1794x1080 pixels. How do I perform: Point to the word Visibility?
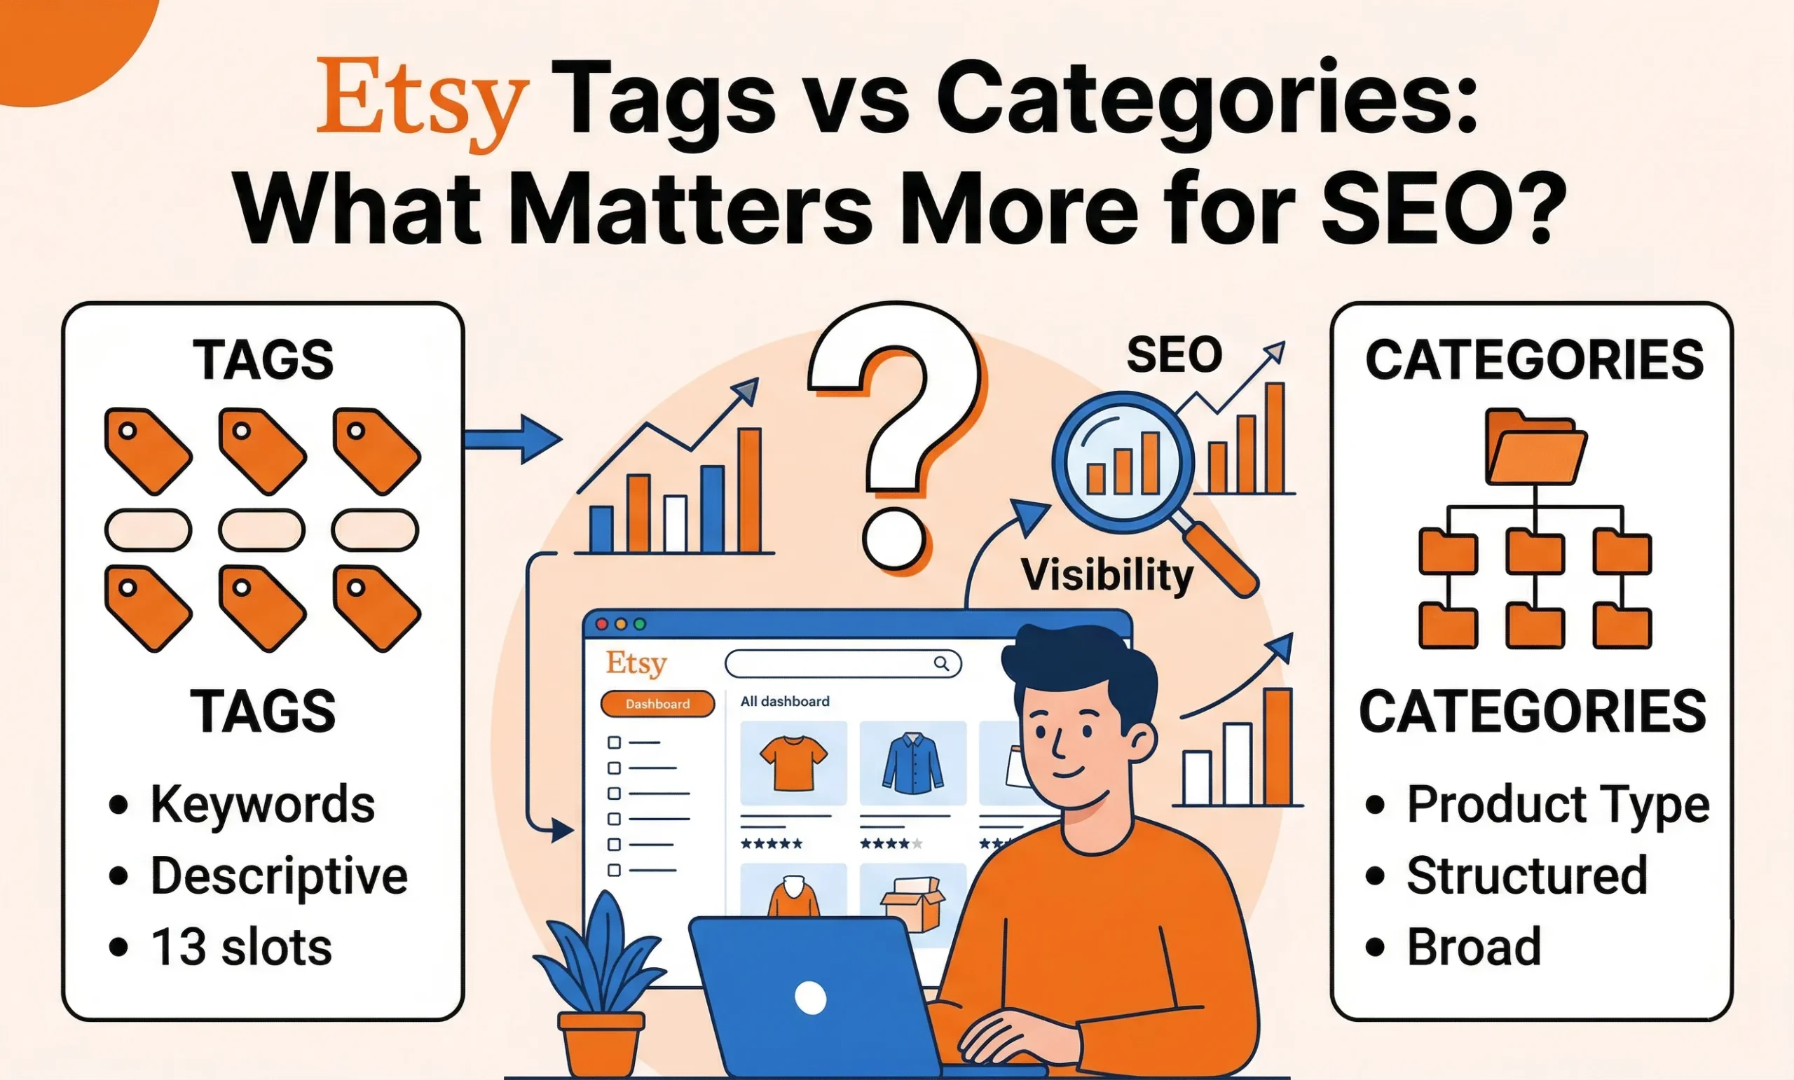click(1107, 575)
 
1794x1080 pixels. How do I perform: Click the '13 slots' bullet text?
click(240, 948)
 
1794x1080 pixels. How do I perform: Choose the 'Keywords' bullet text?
click(262, 804)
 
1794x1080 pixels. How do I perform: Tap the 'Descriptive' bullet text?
click(278, 875)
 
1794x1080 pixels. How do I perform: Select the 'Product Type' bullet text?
click(1558, 804)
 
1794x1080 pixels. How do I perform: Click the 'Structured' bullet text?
click(1527, 875)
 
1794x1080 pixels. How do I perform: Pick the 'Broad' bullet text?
click(1474, 948)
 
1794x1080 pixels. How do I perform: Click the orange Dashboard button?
click(657, 704)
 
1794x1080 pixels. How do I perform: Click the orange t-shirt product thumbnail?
click(793, 763)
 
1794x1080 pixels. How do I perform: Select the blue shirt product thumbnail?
click(912, 763)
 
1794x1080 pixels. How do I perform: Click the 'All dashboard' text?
click(785, 702)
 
